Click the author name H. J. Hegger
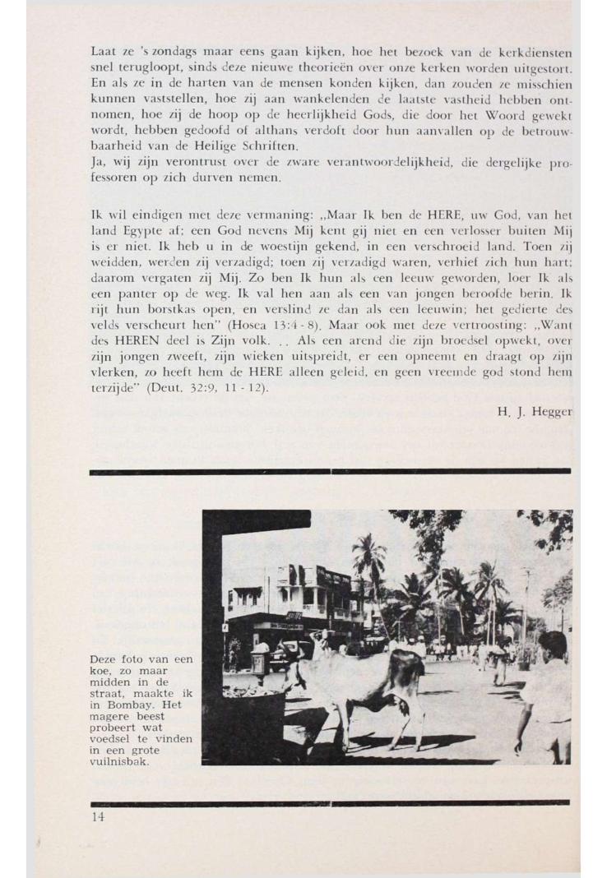point(534,411)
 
